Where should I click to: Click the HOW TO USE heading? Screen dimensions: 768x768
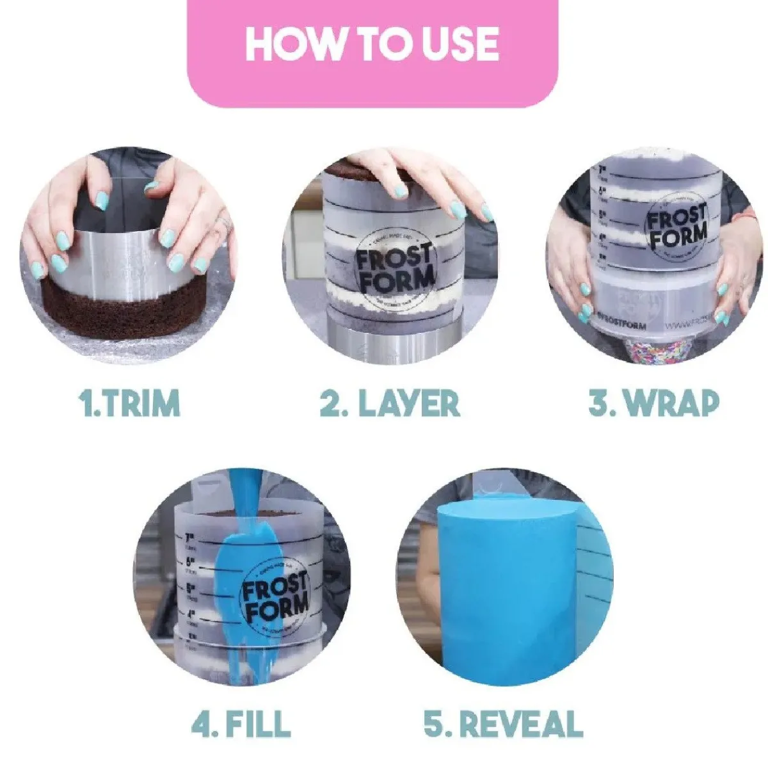[x=372, y=44]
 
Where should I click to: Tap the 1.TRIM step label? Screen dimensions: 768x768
[x=130, y=404]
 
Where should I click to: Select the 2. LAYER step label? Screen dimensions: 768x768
[x=390, y=404]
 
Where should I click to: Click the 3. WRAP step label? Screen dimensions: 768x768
[x=653, y=404]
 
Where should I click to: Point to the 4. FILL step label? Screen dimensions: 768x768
[x=241, y=723]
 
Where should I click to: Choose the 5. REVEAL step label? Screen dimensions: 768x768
[x=503, y=723]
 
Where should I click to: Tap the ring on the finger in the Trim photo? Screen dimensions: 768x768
[x=222, y=223]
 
